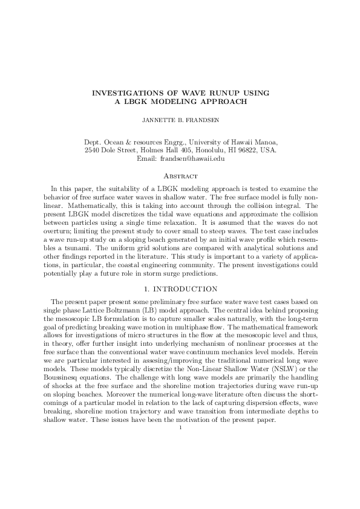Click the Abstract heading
click(180, 176)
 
